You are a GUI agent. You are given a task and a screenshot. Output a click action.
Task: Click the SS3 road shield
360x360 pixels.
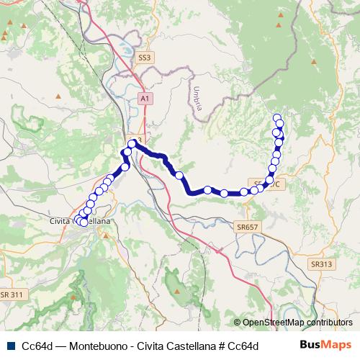click(x=145, y=57)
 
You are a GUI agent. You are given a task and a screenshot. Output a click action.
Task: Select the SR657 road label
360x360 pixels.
click(x=247, y=227)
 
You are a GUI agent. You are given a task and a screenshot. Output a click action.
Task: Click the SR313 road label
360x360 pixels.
click(x=322, y=264)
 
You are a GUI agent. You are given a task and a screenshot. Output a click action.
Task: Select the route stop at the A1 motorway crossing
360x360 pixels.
click(x=132, y=145)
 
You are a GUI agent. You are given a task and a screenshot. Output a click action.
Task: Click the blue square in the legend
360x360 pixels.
click(x=9, y=347)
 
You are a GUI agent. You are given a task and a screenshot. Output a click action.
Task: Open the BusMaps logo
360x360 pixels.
click(x=325, y=346)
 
